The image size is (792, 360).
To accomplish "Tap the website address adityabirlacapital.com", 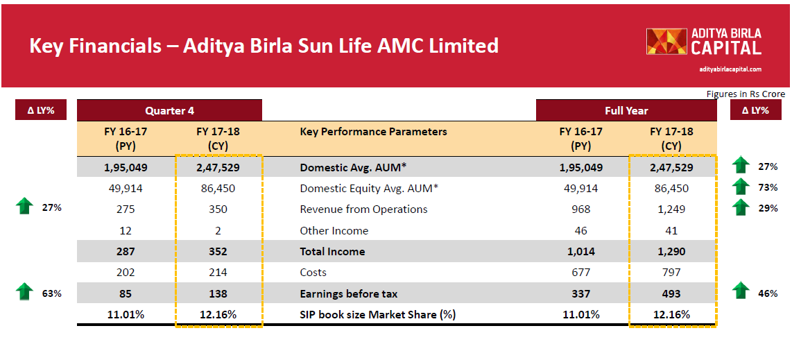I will [x=730, y=69].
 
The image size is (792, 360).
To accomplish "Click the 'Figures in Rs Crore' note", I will [x=746, y=94].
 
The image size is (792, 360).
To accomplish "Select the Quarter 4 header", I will [x=169, y=110].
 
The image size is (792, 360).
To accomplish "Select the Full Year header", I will [x=626, y=110].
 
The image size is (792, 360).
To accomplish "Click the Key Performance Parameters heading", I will [x=373, y=132].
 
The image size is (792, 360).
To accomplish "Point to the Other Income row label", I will [x=334, y=230].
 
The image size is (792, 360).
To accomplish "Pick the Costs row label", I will [x=313, y=273].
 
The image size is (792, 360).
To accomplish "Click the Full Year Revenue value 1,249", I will [x=671, y=209].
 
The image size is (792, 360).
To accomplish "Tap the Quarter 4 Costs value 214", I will [x=218, y=273].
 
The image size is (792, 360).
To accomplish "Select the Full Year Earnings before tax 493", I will [x=671, y=293].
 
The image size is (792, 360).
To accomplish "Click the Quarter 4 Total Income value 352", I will [x=218, y=251].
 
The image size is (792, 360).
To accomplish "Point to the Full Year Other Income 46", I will [x=581, y=230].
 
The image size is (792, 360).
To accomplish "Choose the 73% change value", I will [x=767, y=188].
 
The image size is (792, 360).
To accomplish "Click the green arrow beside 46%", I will [x=741, y=291].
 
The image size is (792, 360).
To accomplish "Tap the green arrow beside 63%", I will [x=25, y=291].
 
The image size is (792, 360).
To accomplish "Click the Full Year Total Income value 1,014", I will [x=581, y=251].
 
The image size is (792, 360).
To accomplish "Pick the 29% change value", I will [x=767, y=209].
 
